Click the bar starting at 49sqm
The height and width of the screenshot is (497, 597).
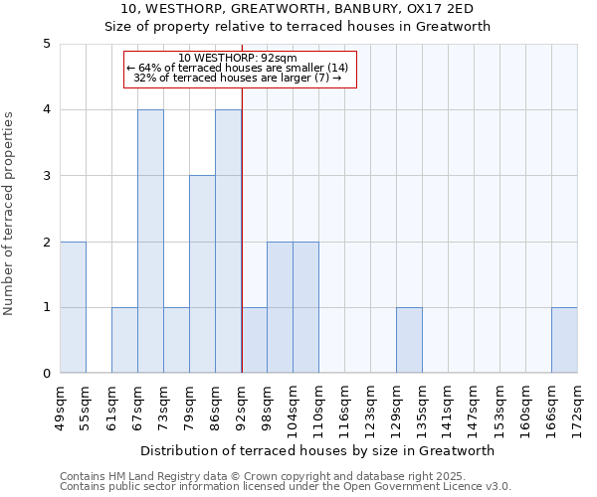pos(73,307)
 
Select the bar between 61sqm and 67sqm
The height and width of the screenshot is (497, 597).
pos(124,340)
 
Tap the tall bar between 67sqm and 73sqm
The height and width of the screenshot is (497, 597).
pos(150,242)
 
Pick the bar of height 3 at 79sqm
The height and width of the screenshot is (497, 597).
pos(202,274)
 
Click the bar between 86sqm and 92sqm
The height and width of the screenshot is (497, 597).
pos(228,242)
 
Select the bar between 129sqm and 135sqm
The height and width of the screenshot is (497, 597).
pos(409,340)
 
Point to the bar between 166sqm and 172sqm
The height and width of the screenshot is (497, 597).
pos(564,340)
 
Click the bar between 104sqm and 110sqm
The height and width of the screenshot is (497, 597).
pos(305,307)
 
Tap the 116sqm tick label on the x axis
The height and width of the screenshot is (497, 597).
pos(345,408)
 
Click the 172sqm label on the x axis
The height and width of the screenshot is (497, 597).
pos(578,408)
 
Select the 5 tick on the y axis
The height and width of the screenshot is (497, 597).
pos(46,44)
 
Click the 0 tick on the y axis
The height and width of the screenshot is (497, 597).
pos(46,374)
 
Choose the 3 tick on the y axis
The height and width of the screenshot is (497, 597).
pos(46,176)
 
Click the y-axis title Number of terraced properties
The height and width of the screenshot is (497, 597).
pos(10,214)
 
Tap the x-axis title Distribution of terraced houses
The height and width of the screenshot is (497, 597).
pos(318,450)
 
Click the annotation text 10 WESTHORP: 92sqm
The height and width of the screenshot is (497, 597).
pos(239,58)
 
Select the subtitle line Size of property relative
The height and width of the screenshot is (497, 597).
pos(298,27)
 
